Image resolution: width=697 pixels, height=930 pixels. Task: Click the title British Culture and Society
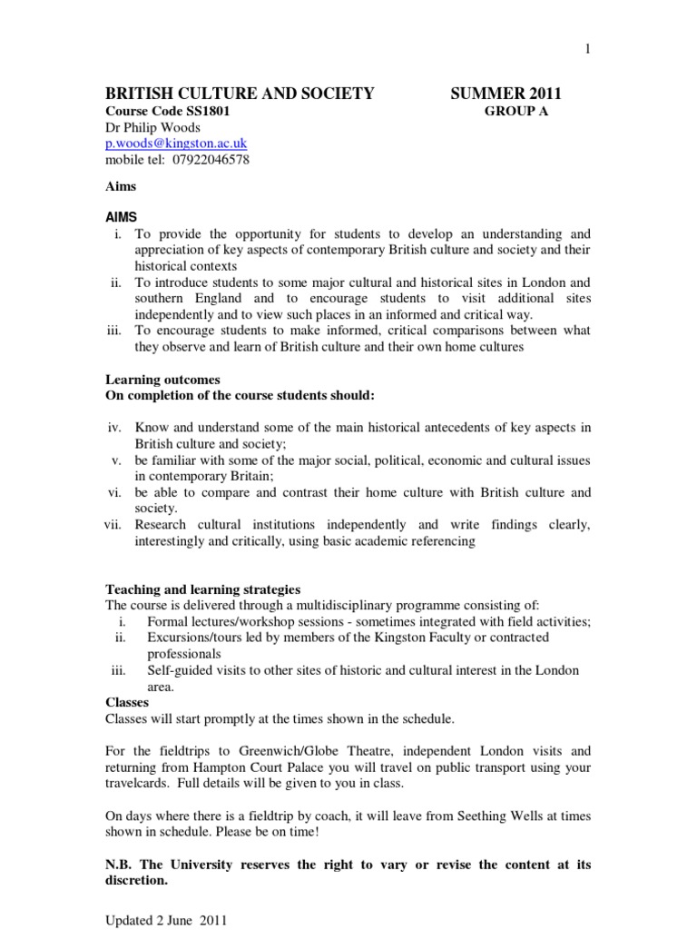click(x=241, y=93)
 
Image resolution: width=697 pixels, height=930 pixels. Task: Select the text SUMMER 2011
click(x=506, y=93)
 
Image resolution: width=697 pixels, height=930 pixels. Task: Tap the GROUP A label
click(x=516, y=112)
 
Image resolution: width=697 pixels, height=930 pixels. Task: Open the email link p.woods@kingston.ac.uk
click(x=176, y=143)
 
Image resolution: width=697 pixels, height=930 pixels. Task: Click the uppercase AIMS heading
click(x=124, y=219)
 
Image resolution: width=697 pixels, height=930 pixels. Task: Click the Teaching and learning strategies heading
click(x=202, y=589)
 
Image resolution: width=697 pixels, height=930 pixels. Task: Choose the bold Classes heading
click(x=128, y=702)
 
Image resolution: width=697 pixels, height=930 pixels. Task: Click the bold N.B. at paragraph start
click(x=122, y=864)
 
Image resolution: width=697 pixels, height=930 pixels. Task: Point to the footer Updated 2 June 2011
click(x=164, y=919)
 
